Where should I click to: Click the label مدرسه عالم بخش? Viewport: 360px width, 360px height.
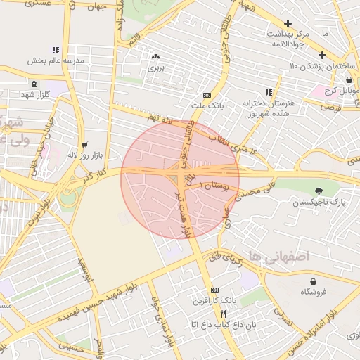[x=56, y=60]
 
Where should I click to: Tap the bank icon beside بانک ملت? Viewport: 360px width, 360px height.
[x=207, y=95]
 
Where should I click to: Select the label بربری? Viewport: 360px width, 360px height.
[x=155, y=69]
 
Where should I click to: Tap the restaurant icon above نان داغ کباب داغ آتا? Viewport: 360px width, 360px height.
[x=223, y=314]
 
